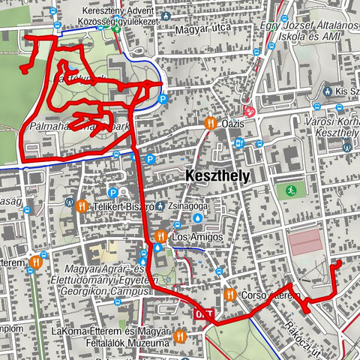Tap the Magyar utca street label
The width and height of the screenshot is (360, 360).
[x=200, y=31]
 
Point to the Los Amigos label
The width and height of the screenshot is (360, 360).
[x=197, y=237]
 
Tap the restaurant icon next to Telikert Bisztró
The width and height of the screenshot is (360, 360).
[x=81, y=205]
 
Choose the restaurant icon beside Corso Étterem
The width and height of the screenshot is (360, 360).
[x=229, y=295]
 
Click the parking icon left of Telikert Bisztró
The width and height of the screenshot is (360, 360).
[x=113, y=193]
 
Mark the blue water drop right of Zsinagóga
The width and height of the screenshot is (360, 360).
[x=197, y=217]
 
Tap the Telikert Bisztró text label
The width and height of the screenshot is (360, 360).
[x=122, y=205]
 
